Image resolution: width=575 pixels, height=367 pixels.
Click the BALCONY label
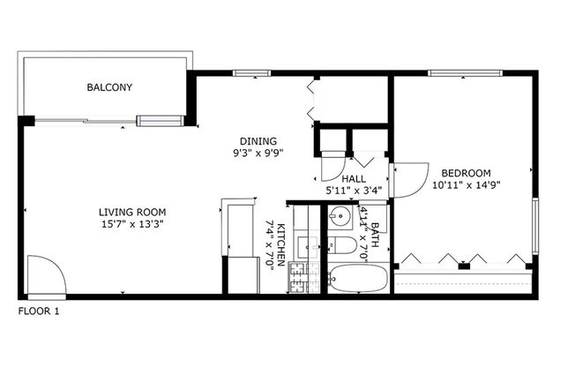(x=109, y=87)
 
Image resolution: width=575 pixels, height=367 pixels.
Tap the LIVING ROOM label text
(x=132, y=212)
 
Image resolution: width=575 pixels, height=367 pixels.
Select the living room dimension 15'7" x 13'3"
(x=132, y=224)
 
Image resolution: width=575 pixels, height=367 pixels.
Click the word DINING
(x=258, y=141)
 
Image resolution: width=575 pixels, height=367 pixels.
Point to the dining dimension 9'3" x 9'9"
(x=258, y=153)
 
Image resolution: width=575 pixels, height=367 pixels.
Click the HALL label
(x=354, y=177)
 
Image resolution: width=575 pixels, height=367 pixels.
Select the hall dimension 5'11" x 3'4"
(x=353, y=189)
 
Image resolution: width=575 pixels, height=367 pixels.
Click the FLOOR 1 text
(x=39, y=311)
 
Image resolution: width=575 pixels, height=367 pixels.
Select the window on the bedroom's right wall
(x=534, y=227)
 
